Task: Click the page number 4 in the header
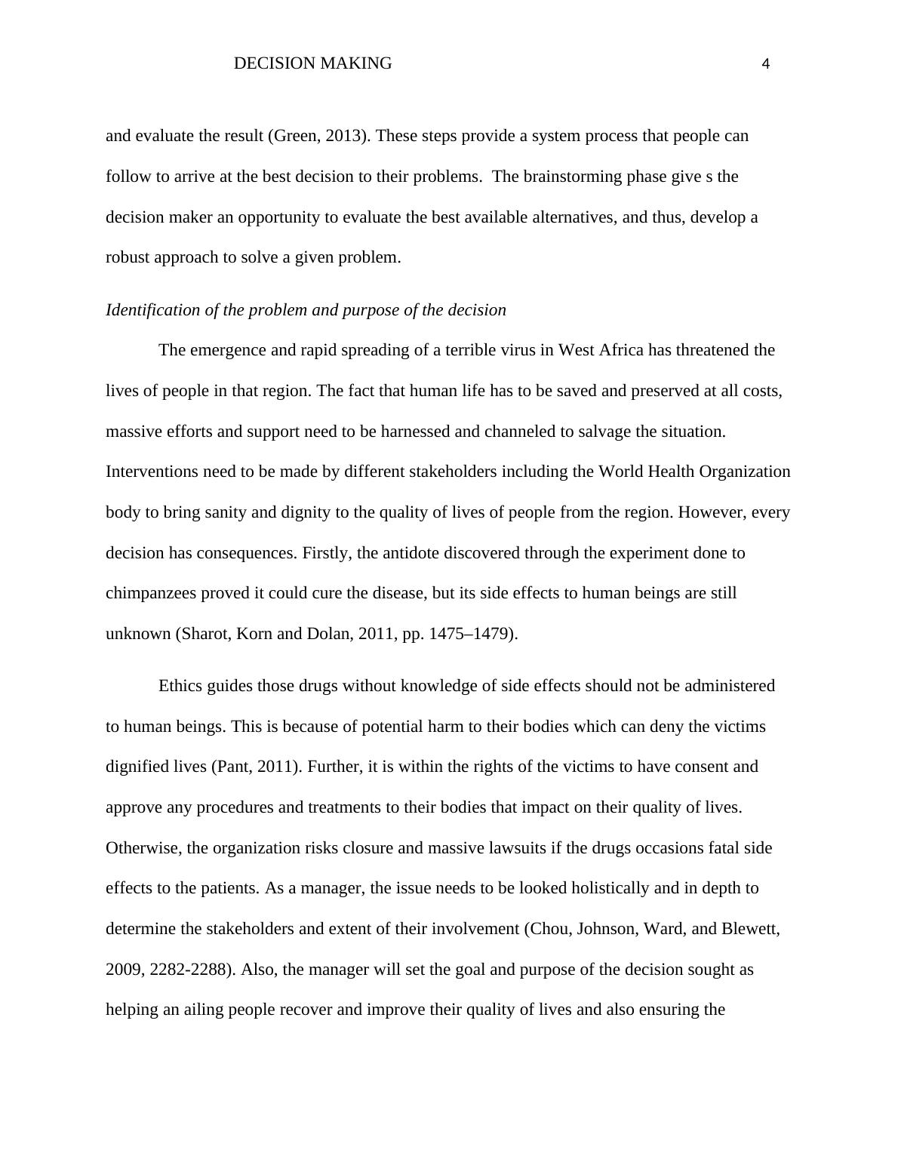pyautogui.click(x=766, y=65)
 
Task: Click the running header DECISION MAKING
pyautogui.click(x=312, y=63)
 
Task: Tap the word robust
pyautogui.click(x=128, y=257)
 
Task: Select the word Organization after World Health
pyautogui.click(x=745, y=472)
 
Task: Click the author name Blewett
pyautogui.click(x=749, y=929)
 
